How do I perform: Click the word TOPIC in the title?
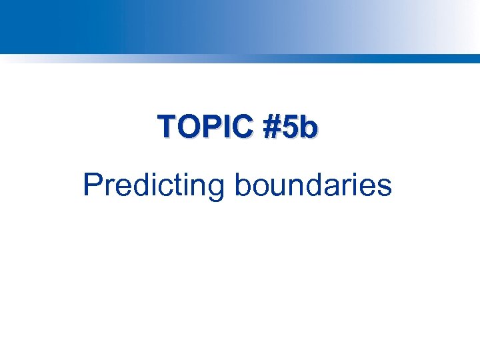205,127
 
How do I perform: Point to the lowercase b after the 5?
307,127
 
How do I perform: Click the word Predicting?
154,185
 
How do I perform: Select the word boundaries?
313,185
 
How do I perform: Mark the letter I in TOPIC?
223,127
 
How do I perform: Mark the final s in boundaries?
384,187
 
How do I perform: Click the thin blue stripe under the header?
240,58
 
